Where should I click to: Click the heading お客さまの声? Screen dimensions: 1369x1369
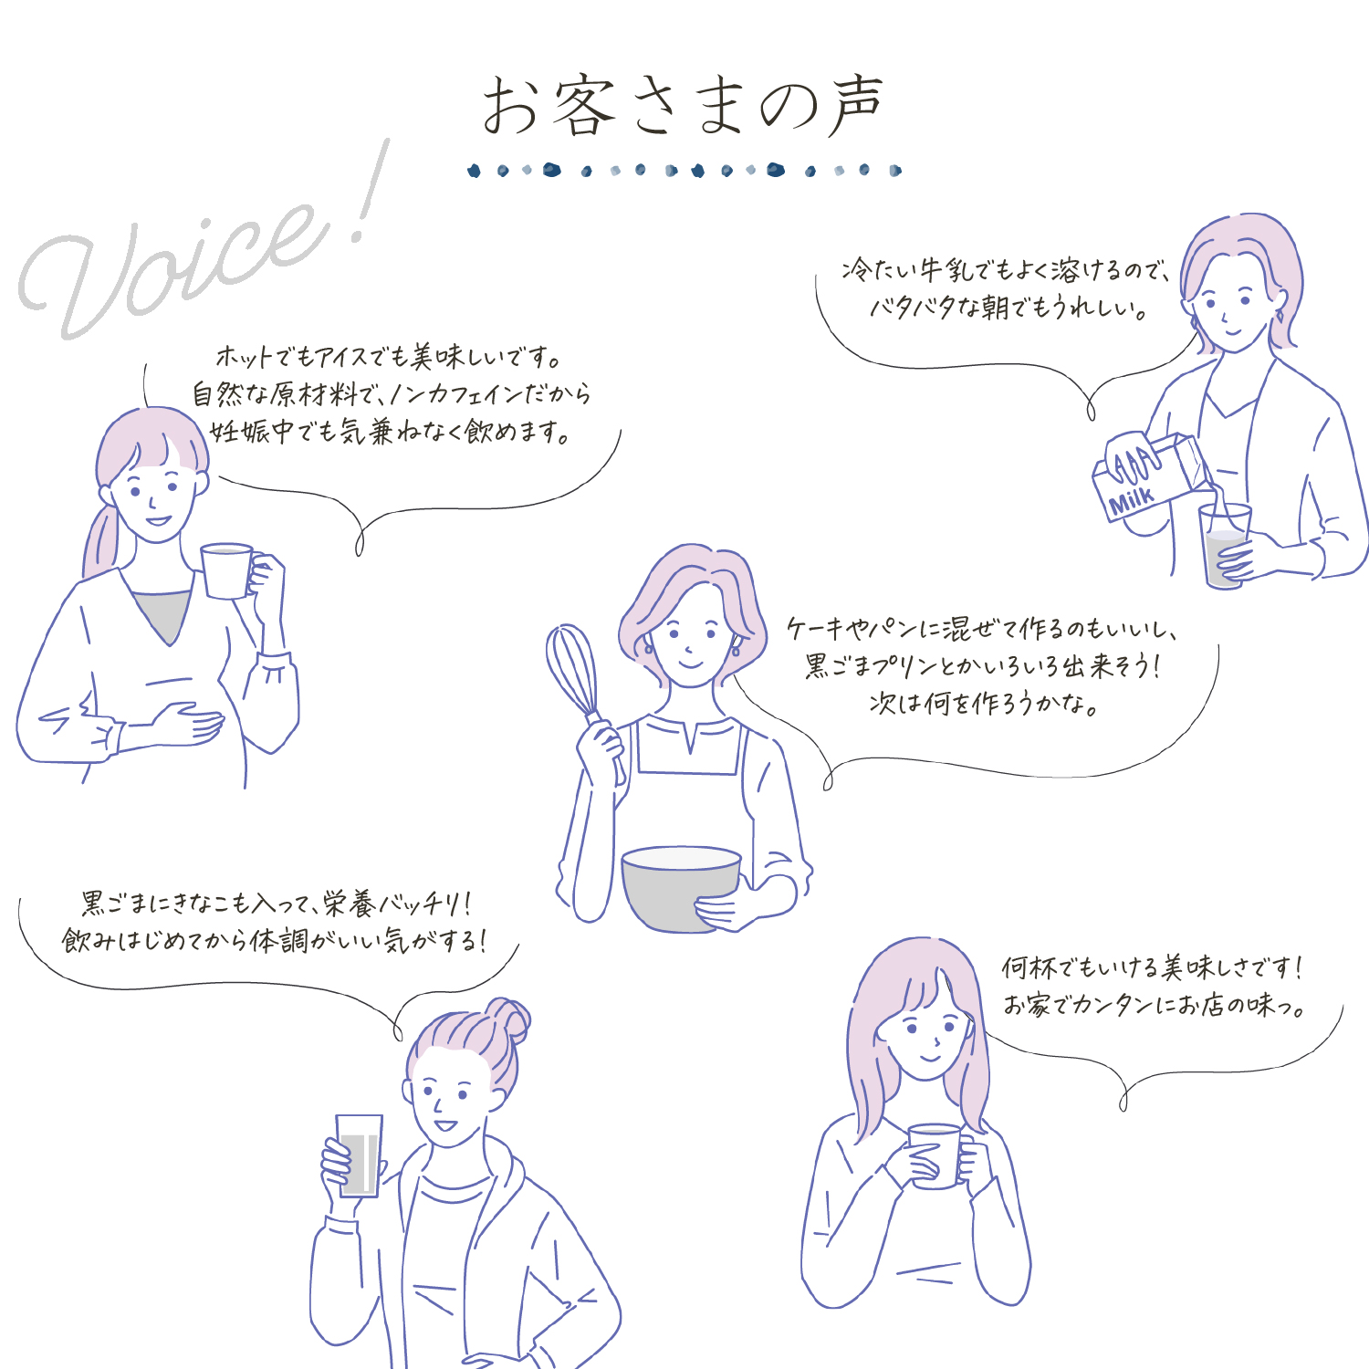pyautogui.click(x=683, y=107)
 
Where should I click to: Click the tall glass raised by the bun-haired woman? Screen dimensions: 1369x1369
pyautogui.click(x=359, y=1155)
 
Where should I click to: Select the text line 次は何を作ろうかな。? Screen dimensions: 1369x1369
pyautogui.click(x=983, y=704)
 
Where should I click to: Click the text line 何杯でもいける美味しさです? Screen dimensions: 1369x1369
pyautogui.click(x=1153, y=967)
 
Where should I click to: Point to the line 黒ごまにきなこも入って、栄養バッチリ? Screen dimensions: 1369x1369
pyautogui.click(x=277, y=904)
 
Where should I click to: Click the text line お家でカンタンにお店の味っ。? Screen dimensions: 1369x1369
pyautogui.click(x=1155, y=1005)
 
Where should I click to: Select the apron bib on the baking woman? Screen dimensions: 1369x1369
pyautogui.click(x=686, y=746)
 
